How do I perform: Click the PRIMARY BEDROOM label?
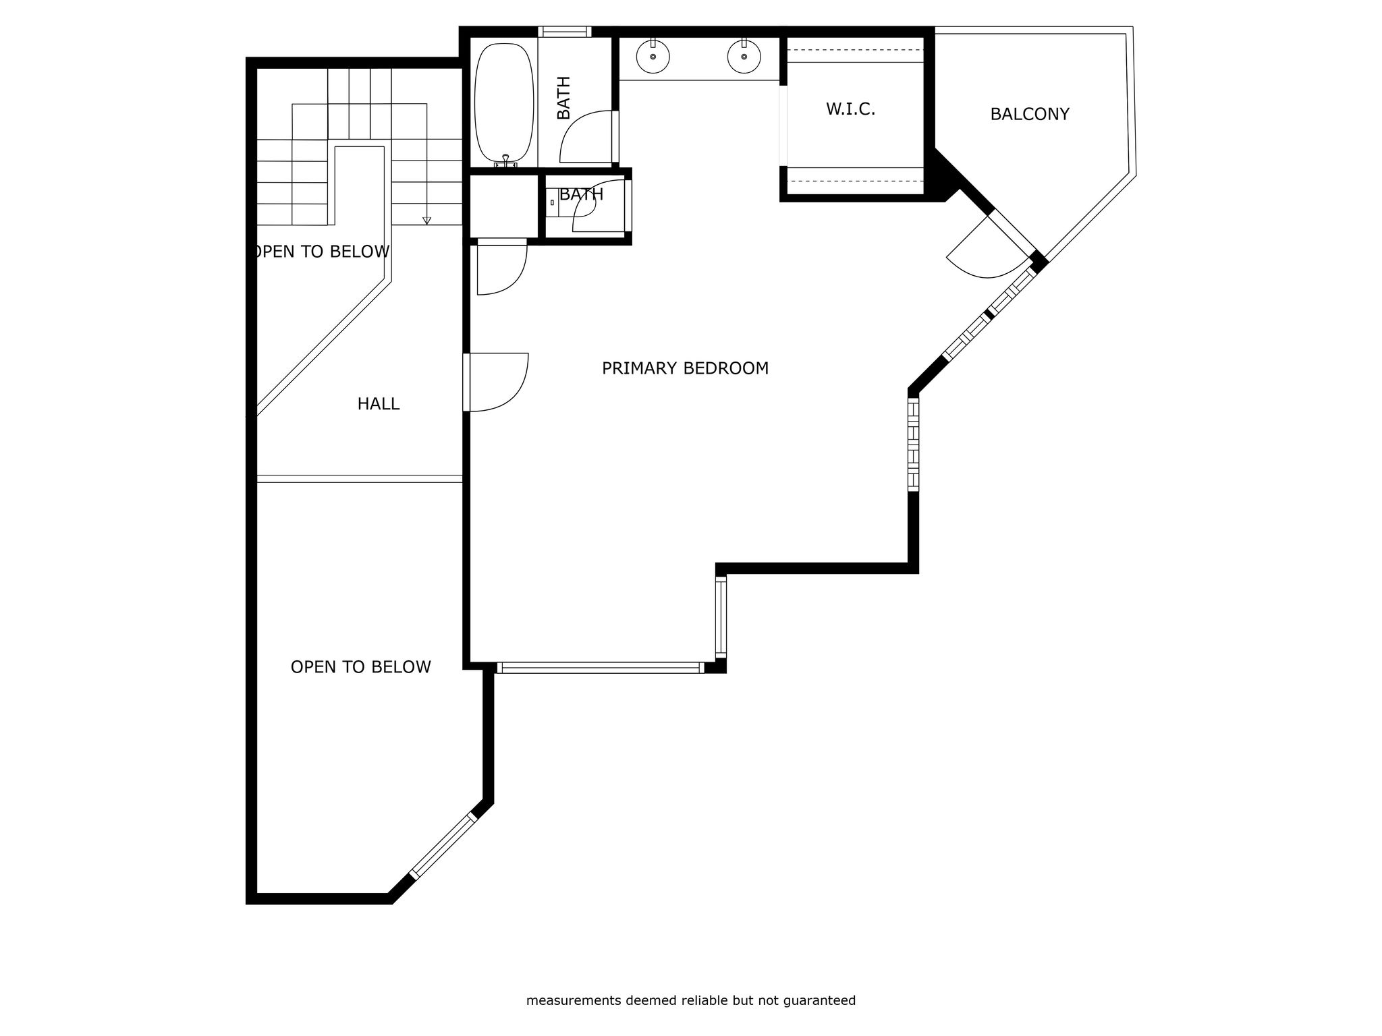click(x=685, y=368)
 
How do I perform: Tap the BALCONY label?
click(x=1030, y=114)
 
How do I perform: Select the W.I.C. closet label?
click(x=850, y=109)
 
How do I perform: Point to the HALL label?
click(x=378, y=404)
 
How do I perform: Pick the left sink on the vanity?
click(x=653, y=57)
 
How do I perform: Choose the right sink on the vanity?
click(x=744, y=57)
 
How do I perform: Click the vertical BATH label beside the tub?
click(x=563, y=98)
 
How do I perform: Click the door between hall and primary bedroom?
click(x=496, y=382)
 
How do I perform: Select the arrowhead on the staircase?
click(x=426, y=221)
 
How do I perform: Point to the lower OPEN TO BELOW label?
click(x=360, y=667)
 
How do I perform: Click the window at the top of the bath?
click(x=565, y=32)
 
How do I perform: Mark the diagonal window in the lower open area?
click(x=443, y=846)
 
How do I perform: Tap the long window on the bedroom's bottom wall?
click(x=601, y=668)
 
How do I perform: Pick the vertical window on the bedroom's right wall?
click(x=913, y=444)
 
